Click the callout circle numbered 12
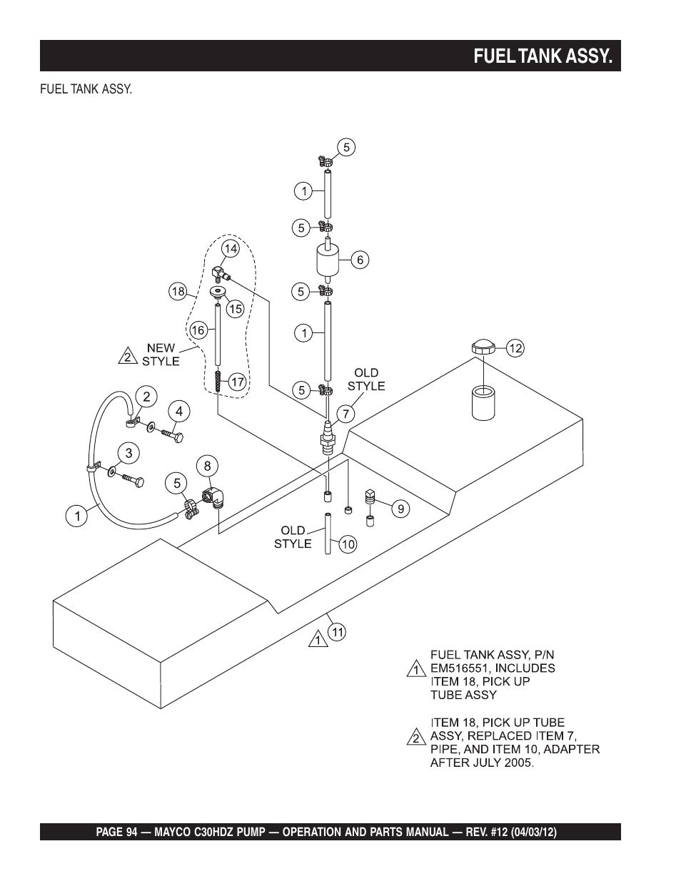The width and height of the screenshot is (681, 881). coord(515,348)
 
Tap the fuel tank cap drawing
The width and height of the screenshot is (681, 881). coord(483,347)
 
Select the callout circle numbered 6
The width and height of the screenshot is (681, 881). coord(360,260)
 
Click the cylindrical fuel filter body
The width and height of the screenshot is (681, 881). coord(328,260)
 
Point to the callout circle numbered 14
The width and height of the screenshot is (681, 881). coord(231,248)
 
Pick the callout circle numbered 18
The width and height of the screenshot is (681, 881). coord(178,292)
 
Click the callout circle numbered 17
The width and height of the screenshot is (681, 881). coord(237,382)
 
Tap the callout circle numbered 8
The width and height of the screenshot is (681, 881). coord(207,467)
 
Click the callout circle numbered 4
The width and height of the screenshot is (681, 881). coord(179,412)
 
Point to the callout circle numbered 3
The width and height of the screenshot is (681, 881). coord(128,453)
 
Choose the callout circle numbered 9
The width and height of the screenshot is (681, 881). coord(400,509)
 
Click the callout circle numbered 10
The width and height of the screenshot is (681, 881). coord(348,544)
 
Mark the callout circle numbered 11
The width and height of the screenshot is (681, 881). coord(338,632)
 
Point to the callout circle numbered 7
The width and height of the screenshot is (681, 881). coord(345,414)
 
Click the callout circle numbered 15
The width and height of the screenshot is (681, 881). coord(236,309)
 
